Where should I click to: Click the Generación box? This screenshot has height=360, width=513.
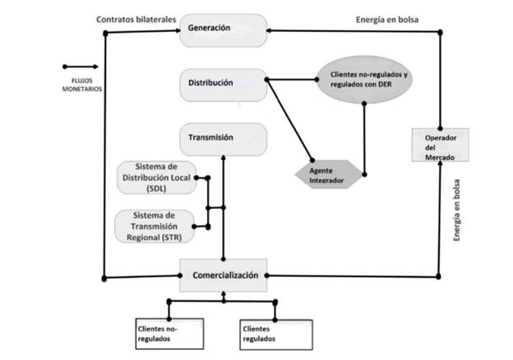click(223, 30)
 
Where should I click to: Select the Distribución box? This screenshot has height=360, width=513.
click(223, 84)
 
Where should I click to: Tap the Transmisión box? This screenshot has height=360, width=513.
click(223, 138)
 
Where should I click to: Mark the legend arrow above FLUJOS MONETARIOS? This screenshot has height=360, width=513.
click(80, 67)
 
